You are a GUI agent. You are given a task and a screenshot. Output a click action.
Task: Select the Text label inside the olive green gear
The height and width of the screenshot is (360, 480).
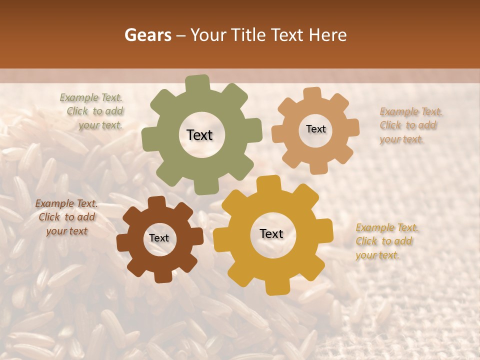point(199,135)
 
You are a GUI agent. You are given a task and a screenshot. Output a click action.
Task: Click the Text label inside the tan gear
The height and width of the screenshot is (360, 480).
point(315,129)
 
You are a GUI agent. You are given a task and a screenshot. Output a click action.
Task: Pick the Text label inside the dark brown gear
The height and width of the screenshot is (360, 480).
point(159,238)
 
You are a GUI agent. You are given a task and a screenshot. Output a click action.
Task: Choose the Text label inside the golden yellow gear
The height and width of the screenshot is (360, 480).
point(271,233)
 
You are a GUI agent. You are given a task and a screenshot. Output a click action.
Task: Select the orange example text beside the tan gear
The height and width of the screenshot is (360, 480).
point(410,125)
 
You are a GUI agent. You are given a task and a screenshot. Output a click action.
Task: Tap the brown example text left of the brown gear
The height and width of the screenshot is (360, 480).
point(66,217)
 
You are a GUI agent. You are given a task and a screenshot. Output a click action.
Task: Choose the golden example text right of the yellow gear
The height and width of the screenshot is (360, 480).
point(386,241)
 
